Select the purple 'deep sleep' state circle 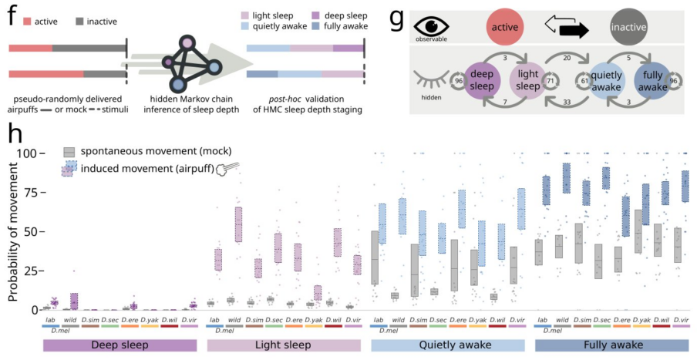[484, 79]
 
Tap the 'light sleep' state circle [527, 79]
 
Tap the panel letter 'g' [396, 17]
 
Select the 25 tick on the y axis [31, 271]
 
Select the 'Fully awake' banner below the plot [612, 345]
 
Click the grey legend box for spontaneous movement [70, 152]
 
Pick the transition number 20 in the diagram [567, 57]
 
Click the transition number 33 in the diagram [568, 100]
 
